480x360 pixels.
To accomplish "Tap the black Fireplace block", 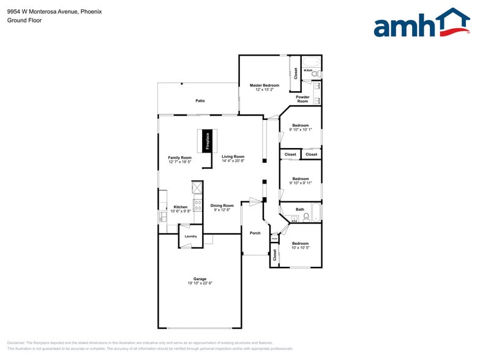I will tap(208, 141).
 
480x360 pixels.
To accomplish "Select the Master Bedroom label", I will tap(264, 85).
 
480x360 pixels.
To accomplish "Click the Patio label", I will tap(200, 100).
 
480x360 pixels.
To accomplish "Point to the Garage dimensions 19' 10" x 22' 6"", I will tap(200, 283).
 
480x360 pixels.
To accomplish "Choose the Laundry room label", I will tap(190, 236).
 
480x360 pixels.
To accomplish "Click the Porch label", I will tap(255, 233).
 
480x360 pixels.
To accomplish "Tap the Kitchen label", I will tap(180, 207).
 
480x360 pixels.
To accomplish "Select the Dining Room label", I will tap(222, 206).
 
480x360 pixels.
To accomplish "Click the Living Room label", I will tap(233, 157).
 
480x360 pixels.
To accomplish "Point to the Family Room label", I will tap(180, 157).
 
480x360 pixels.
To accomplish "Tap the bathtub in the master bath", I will tap(310, 61).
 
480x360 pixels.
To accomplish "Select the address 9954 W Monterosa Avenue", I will tap(42, 11).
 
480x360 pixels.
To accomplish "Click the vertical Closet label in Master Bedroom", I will tap(296, 73).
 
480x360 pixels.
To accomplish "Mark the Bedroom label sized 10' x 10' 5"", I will tap(300, 244).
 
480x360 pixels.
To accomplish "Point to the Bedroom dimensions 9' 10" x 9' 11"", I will tap(300, 183).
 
